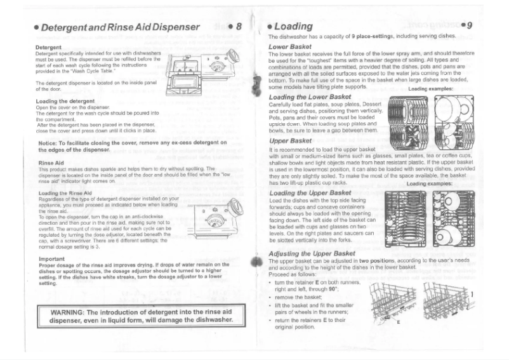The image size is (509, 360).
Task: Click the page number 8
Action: (239, 27)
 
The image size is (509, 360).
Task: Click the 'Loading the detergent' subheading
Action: (63, 101)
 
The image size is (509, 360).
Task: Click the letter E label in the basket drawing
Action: (398, 323)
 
